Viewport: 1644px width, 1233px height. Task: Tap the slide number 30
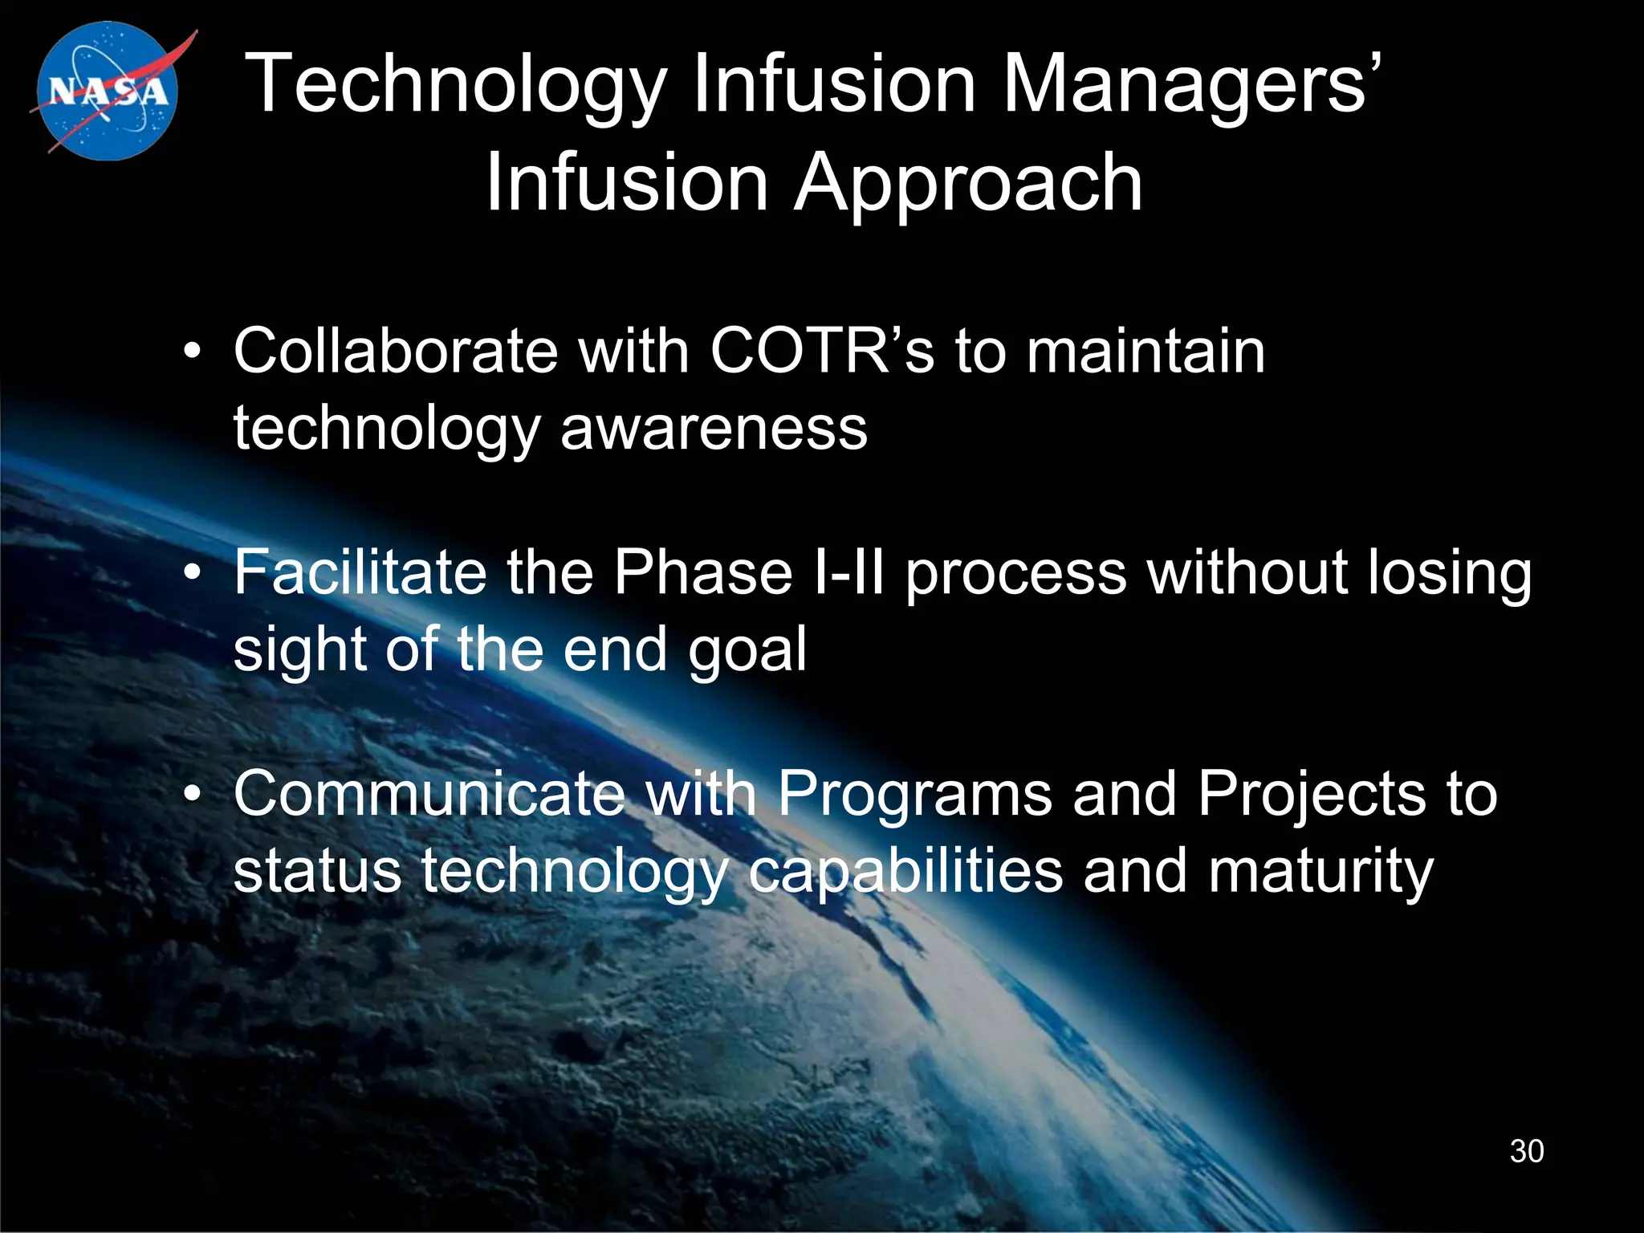[x=1526, y=1151]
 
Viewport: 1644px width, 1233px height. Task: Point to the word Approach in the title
[x=968, y=185]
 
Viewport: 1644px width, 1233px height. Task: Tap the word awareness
[x=714, y=428]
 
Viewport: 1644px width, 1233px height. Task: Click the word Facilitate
[x=360, y=572]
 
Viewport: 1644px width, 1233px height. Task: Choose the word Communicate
[x=429, y=794]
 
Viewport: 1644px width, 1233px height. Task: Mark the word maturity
[x=1320, y=872]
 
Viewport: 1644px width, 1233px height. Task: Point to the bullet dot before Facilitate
[x=191, y=575]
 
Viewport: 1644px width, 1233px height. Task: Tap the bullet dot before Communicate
[x=191, y=796]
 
